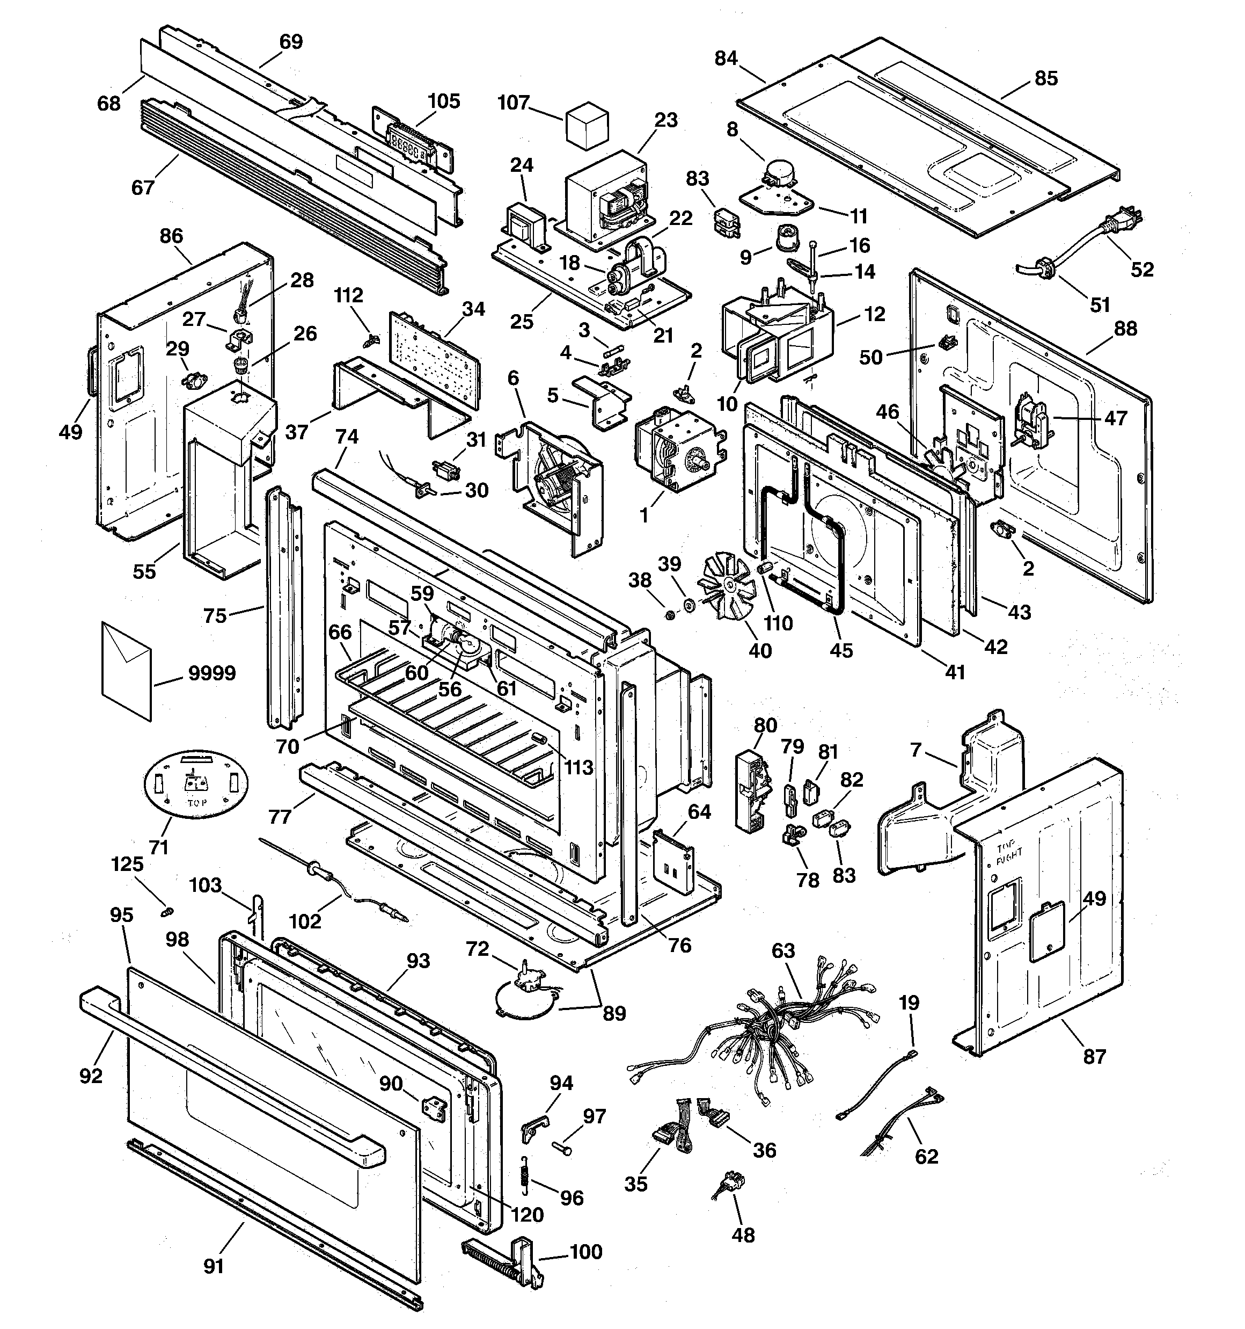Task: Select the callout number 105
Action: [444, 101]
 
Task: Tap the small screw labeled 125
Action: [167, 911]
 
